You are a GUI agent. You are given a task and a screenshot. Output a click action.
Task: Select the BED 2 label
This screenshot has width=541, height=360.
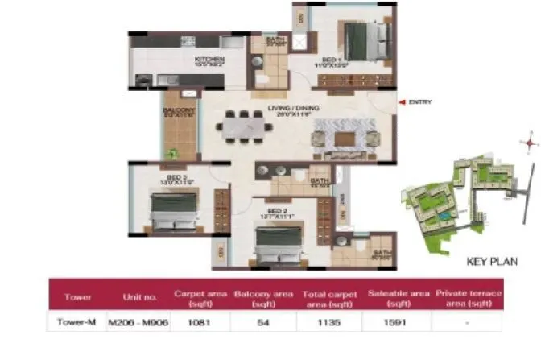pos(278,212)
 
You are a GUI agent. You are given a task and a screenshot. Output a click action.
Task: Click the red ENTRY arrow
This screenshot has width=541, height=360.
pos(403,102)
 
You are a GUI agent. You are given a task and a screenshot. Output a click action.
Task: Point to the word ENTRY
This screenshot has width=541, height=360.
pos(421,102)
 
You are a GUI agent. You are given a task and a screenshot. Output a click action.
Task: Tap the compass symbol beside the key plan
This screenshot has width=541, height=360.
pos(529,143)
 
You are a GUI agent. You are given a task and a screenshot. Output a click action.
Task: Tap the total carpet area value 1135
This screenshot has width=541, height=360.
pos(328,321)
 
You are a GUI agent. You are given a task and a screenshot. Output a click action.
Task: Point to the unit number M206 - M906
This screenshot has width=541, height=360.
pos(135,321)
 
